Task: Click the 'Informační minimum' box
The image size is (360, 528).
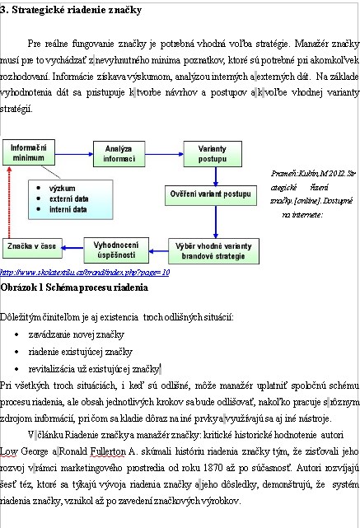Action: (x=29, y=152)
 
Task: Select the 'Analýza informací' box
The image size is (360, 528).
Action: (x=119, y=154)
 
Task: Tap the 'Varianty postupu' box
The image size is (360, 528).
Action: (x=213, y=154)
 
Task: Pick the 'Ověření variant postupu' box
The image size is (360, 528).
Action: (x=211, y=195)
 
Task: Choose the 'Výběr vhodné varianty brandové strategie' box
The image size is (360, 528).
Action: (x=214, y=251)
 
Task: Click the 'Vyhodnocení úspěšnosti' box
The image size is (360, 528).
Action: (x=116, y=250)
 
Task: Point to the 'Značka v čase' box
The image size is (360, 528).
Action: (x=32, y=248)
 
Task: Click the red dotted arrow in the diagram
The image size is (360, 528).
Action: (x=9, y=202)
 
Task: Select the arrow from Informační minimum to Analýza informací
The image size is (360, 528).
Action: (x=74, y=154)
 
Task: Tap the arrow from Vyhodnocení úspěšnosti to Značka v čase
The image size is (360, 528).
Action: (x=72, y=248)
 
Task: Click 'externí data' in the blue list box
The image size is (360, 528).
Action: (x=68, y=199)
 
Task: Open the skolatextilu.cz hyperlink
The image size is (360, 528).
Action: (x=85, y=272)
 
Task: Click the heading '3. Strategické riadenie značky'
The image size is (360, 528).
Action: (x=71, y=10)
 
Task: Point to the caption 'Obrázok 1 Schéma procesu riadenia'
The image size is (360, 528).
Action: (x=74, y=287)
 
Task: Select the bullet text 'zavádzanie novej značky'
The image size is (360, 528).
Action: (x=77, y=334)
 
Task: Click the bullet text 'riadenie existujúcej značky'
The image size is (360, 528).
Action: (x=81, y=352)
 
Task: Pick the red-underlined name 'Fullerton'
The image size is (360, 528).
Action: (x=108, y=451)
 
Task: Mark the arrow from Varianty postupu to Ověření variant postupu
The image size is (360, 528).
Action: (x=216, y=176)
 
